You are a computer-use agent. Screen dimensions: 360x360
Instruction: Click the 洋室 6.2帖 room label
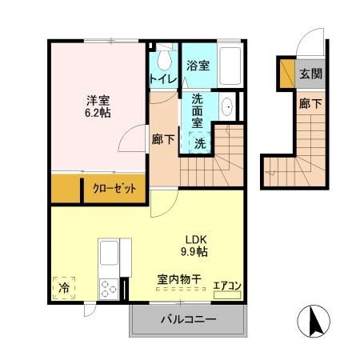tap(99, 106)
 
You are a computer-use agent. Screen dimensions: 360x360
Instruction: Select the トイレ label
tap(162, 78)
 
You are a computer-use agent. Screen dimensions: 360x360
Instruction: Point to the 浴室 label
tap(198, 66)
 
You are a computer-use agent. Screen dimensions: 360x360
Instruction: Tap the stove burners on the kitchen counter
tap(109, 289)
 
